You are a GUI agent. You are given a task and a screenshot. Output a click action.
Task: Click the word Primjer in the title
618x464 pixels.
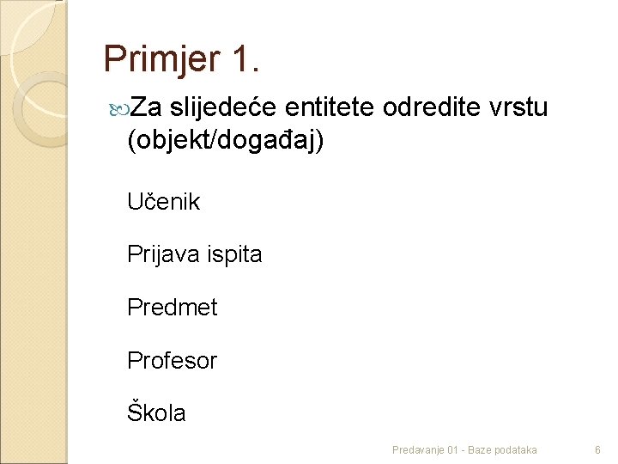[x=162, y=60]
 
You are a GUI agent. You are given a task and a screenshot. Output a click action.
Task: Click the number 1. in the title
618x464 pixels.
[x=245, y=58]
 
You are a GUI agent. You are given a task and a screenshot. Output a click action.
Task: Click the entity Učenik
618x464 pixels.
[x=163, y=202]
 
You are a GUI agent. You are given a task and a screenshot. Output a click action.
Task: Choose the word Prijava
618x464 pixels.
[x=161, y=255]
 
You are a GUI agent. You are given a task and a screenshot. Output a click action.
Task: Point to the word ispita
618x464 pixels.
[x=232, y=255]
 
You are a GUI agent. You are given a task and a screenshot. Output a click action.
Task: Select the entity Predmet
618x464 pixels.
[x=172, y=308]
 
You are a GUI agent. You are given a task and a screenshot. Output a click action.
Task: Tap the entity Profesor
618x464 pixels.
[x=172, y=360]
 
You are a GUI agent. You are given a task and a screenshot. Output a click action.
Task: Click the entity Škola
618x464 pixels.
[x=155, y=412]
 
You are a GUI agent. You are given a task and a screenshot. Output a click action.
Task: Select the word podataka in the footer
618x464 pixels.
[x=517, y=449]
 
